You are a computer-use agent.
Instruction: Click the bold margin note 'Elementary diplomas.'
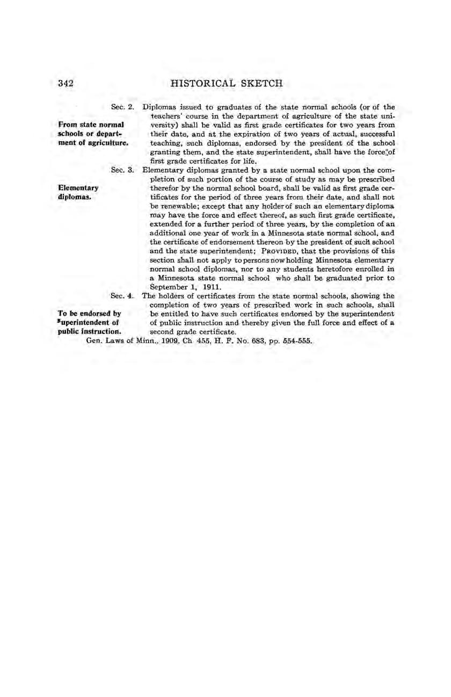tap(78, 192)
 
